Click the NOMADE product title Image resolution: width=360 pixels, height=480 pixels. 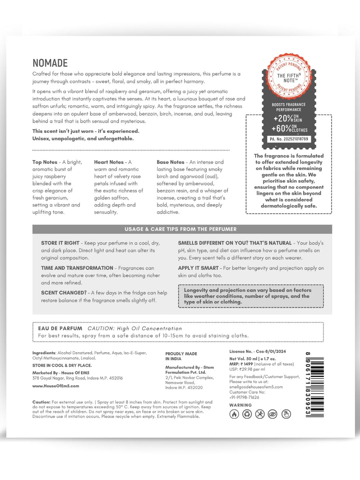coord(50,63)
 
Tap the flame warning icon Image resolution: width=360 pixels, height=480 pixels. coord(234,414)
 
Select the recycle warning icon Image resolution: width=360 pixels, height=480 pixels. coord(247,414)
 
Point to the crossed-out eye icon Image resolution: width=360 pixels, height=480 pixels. coord(273,414)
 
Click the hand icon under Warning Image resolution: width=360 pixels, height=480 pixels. coord(286,414)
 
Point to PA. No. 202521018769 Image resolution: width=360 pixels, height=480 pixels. coord(289,139)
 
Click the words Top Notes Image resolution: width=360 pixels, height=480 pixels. coord(45,162)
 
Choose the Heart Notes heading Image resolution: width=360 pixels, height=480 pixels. coord(109,162)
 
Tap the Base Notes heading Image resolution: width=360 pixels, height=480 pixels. coord(170,162)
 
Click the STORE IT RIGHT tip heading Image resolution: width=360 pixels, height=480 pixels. coord(60,243)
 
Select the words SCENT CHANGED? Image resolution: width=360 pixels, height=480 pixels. coord(64,293)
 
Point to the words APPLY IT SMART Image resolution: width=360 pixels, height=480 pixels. coord(198,268)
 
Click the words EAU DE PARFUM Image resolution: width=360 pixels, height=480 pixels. coord(60,328)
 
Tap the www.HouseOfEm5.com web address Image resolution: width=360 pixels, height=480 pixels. coord(56,386)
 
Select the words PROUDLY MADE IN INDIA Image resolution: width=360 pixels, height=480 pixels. coord(181,356)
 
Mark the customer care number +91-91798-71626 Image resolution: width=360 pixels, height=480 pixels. coord(244,397)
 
